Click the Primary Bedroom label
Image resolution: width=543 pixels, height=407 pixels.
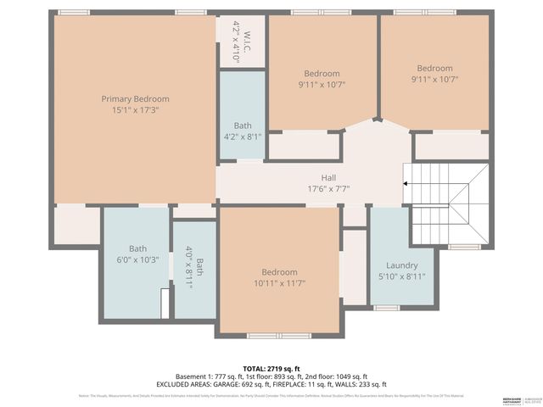tap(135, 99)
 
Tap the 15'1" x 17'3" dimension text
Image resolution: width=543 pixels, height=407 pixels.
tap(135, 110)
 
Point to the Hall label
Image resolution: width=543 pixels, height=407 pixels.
tap(327, 178)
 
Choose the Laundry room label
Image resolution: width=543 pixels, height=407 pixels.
tap(401, 265)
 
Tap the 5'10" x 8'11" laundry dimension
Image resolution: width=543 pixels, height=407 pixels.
tap(401, 276)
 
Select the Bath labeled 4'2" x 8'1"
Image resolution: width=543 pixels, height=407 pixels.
tap(243, 125)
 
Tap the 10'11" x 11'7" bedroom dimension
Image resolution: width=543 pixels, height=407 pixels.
tap(279, 283)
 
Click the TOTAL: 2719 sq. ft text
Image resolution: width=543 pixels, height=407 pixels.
tap(271, 369)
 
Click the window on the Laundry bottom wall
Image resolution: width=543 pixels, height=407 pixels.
tap(387, 308)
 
